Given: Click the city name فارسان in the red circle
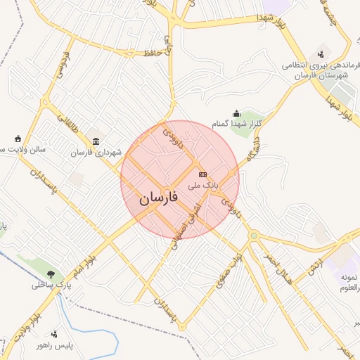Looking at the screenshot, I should pyautogui.click(x=158, y=198).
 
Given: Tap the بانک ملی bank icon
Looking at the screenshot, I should pyautogui.click(x=203, y=174).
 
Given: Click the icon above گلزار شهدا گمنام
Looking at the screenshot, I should pyautogui.click(x=236, y=113).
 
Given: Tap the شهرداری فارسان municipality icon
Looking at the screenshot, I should pyautogui.click(x=96, y=141).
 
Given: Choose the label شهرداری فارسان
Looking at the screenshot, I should pyautogui.click(x=96, y=152).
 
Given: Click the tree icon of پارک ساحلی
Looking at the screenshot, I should pyautogui.click(x=51, y=274).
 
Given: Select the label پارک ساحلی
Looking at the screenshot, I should pyautogui.click(x=51, y=285).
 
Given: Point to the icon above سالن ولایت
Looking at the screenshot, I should pyautogui.click(x=18, y=138).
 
